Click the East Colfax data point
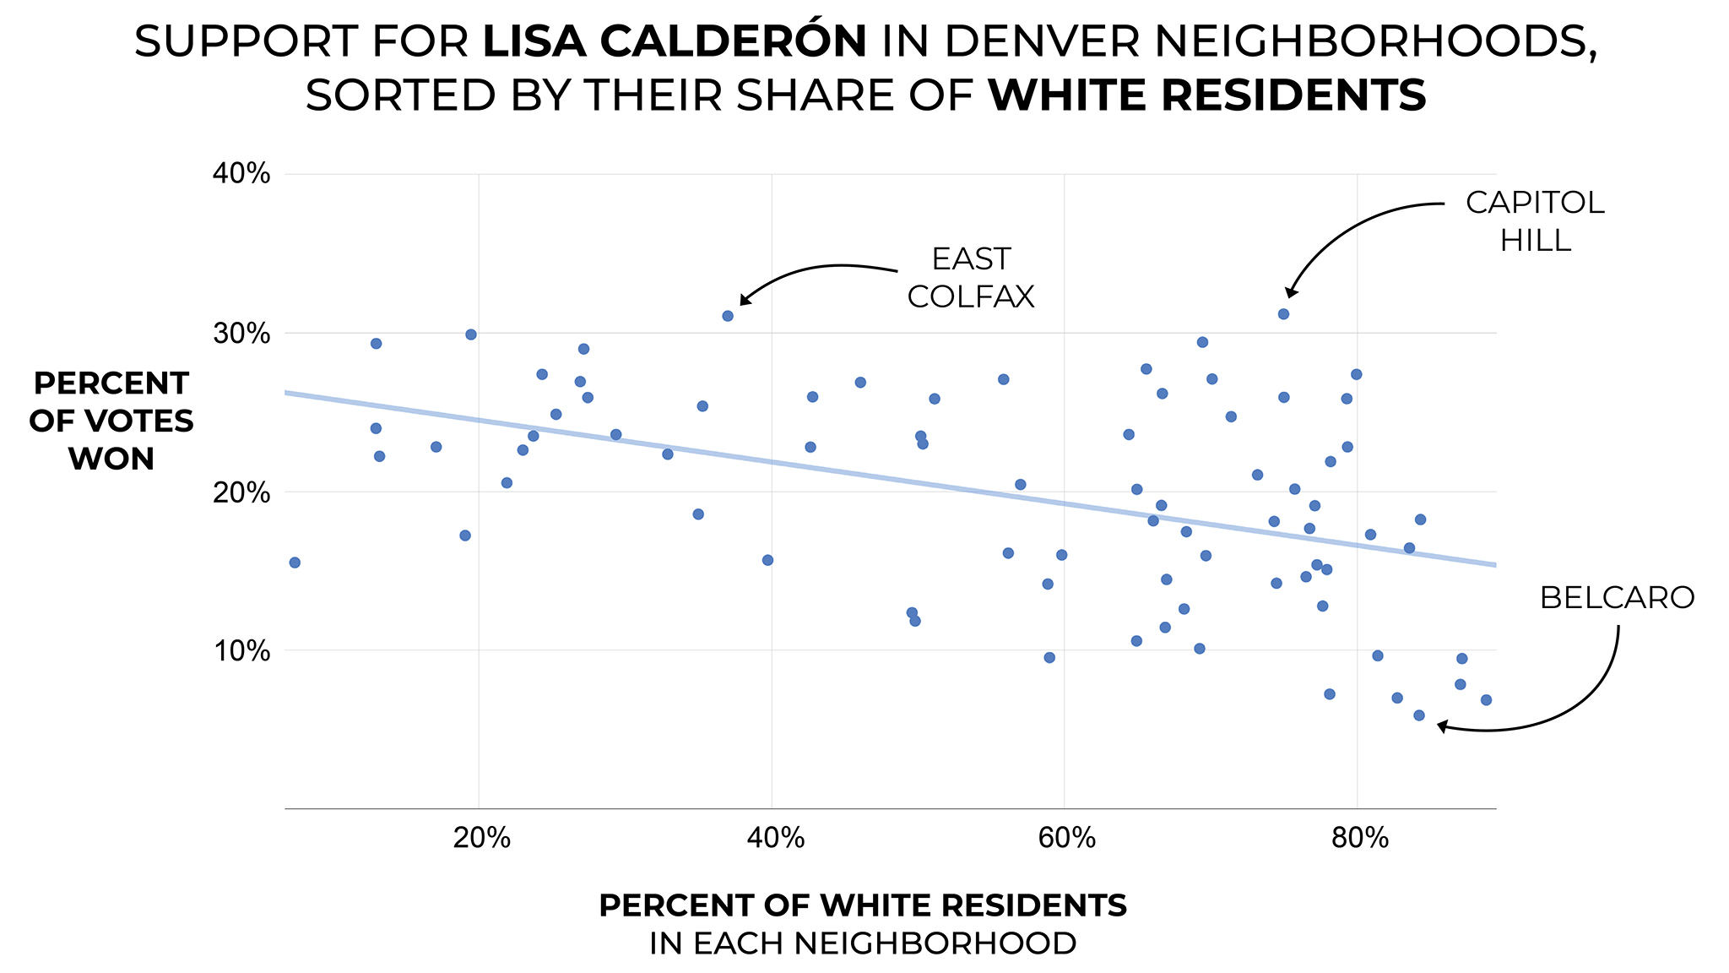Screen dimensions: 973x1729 [728, 316]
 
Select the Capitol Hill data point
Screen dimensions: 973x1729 [1283, 314]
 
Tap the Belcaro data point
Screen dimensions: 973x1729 [1419, 715]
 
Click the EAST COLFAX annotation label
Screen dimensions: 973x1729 [971, 277]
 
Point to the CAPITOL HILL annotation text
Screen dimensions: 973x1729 [1535, 221]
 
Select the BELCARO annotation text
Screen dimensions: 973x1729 [1617, 598]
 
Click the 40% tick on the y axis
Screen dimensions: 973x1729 [241, 174]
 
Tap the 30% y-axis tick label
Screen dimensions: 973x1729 [241, 334]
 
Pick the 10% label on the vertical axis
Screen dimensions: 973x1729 [241, 651]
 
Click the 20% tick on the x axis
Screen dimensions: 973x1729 [481, 838]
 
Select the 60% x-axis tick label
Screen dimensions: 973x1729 [1066, 838]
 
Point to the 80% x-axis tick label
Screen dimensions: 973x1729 [1359, 838]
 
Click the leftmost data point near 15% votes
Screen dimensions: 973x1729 [295, 563]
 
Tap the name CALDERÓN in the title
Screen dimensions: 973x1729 [675, 41]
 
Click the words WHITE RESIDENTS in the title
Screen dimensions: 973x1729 [1207, 95]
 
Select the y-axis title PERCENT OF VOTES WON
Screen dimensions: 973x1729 [111, 421]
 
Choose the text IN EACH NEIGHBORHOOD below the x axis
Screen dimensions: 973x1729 [863, 943]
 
